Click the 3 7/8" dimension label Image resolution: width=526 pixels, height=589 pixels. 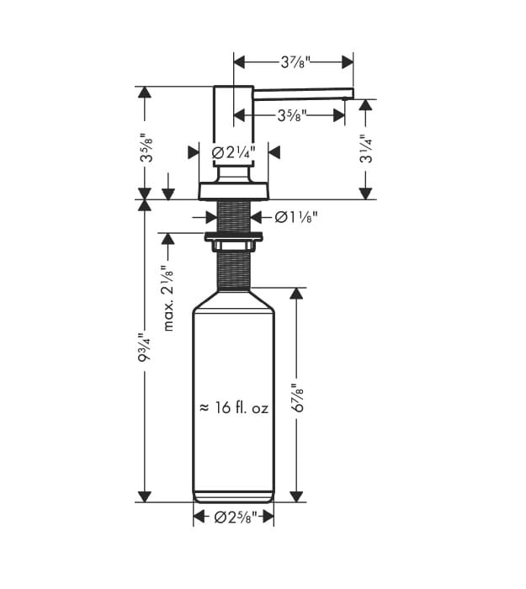tap(295, 62)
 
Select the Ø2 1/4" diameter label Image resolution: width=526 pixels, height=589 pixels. tap(233, 152)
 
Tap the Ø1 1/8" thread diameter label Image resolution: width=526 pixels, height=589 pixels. tap(296, 217)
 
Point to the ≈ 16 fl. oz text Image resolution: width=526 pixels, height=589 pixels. tap(234, 407)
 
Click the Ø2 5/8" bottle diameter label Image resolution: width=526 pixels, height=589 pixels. tap(236, 517)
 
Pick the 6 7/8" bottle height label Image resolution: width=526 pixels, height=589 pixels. tap(299, 398)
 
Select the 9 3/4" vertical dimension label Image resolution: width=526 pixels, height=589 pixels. tap(145, 347)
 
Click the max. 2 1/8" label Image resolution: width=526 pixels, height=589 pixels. tap(168, 298)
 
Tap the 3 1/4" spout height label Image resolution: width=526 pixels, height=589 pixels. tap(366, 149)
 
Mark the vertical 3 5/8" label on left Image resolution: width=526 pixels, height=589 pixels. tap(146, 147)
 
